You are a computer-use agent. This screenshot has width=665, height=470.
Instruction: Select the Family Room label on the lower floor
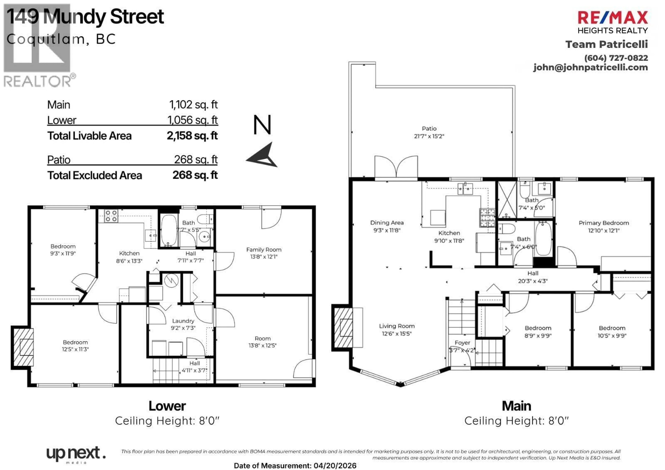264,250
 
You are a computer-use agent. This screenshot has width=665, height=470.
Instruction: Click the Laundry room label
183,321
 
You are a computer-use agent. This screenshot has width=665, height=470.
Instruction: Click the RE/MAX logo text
613,18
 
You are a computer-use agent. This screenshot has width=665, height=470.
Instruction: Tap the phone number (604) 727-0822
616,58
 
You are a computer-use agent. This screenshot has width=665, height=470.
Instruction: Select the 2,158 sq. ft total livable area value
192,136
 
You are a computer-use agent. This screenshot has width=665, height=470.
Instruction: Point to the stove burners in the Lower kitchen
111,216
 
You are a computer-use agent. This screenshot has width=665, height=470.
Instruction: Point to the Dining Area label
387,223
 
